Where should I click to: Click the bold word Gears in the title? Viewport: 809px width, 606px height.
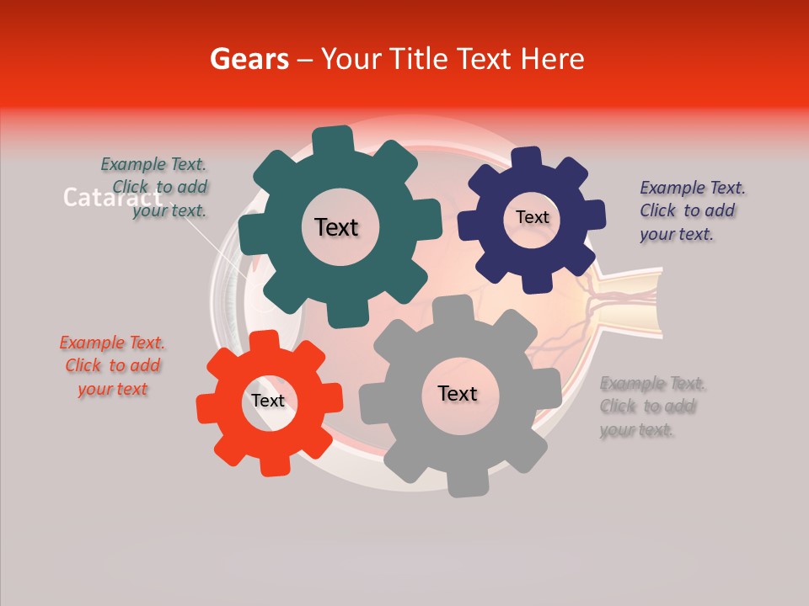point(249,59)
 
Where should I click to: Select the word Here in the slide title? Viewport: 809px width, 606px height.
point(553,59)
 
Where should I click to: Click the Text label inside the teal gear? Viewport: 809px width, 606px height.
point(336,227)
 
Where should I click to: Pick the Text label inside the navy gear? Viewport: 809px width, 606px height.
point(532,217)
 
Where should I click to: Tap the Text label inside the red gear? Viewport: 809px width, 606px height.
point(268,401)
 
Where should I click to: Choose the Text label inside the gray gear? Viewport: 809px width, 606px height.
point(457,393)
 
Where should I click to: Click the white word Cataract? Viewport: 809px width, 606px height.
point(112,198)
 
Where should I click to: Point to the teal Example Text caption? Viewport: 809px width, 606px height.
point(155,188)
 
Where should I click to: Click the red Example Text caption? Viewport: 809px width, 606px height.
point(112,365)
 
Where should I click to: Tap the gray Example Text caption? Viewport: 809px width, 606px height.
point(651,407)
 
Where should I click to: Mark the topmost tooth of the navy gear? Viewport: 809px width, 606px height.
point(527,157)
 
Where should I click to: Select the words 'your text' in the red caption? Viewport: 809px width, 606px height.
point(112,389)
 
